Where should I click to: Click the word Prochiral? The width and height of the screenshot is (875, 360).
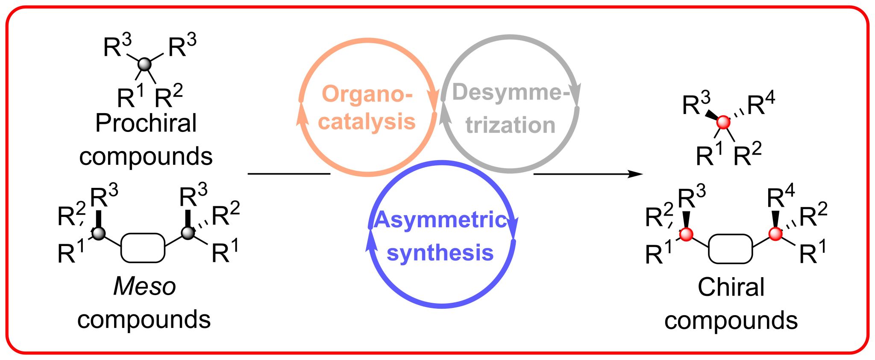[146, 124]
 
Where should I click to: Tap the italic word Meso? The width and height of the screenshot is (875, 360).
[144, 287]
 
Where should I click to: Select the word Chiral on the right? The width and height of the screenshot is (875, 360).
[731, 287]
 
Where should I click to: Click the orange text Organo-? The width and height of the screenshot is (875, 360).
[367, 94]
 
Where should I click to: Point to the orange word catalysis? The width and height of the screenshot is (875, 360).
[367, 122]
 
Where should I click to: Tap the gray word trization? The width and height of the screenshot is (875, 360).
[510, 125]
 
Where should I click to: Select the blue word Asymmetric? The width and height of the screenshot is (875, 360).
[440, 220]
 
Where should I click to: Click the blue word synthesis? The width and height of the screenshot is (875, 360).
[440, 252]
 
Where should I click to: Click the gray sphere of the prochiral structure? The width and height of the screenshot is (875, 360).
[145, 64]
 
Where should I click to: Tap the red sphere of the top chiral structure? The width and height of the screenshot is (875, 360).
[723, 123]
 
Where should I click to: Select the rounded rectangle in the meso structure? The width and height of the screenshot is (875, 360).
[143, 248]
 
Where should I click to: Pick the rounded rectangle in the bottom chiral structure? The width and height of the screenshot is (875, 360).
[730, 249]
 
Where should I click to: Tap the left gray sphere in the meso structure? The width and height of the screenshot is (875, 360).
[99, 233]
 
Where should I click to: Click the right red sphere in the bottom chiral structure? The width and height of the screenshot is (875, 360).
[775, 234]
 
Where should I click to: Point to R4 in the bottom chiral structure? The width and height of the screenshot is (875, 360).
[780, 198]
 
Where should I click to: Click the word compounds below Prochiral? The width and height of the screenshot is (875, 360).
[146, 156]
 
